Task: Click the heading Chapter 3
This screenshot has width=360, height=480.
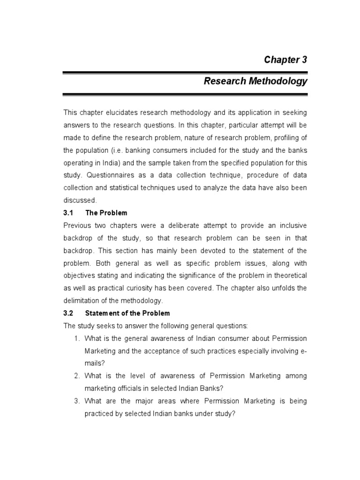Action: pos(285,60)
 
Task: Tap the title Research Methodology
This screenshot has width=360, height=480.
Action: pos(255,81)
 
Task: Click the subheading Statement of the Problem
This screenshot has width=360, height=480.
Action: pos(127,313)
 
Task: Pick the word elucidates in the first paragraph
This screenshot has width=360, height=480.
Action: pos(119,112)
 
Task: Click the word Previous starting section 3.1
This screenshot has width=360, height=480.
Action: pos(77,225)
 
